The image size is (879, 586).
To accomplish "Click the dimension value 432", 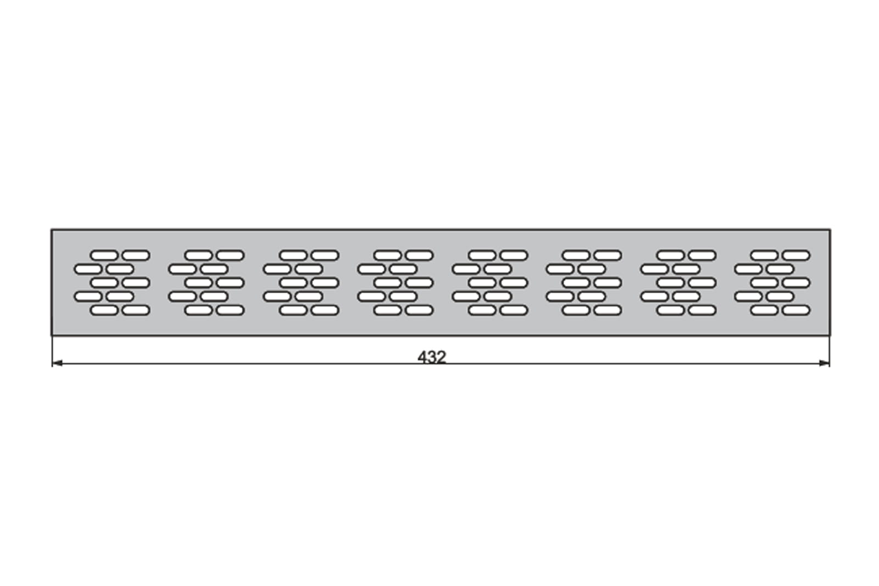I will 432,357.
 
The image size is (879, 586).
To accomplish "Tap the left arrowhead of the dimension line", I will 57,363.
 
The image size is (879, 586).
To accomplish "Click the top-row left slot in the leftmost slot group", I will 104,255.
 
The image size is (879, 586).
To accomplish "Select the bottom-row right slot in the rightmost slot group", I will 796,310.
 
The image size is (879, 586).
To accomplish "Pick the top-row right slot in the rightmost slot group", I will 796,255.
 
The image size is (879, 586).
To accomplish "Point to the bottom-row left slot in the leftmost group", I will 104,310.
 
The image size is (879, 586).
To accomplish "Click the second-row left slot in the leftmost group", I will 88,269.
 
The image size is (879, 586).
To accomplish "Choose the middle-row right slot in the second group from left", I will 230,283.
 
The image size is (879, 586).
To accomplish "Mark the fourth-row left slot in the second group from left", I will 182,297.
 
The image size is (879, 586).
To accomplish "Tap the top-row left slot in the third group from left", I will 293,255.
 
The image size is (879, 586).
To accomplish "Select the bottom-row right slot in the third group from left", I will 325,310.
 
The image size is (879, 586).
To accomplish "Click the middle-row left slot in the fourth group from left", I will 388,283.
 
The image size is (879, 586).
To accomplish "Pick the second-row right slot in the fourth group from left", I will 403,269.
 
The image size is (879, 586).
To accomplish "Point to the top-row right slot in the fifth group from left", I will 514,255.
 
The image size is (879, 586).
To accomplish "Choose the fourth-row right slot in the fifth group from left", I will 498,297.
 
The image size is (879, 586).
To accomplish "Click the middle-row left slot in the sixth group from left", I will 576,283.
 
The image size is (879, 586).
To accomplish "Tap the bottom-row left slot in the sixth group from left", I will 576,310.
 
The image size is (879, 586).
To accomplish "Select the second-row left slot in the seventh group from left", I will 654,269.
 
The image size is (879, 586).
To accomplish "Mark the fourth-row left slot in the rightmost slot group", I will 748,297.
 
